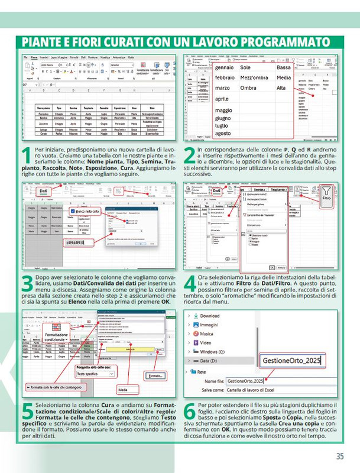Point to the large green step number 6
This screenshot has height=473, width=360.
click(x=189, y=412)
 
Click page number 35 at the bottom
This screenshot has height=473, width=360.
click(x=339, y=456)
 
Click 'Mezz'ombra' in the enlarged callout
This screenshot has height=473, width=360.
click(x=254, y=77)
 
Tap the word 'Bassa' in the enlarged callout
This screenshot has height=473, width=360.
click(x=284, y=67)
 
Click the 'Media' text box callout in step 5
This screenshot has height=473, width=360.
click(x=123, y=390)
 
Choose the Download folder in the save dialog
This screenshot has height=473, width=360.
click(x=209, y=316)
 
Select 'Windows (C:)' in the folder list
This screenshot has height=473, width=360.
click(x=217, y=351)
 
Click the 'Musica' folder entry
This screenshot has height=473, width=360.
click(x=206, y=333)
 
